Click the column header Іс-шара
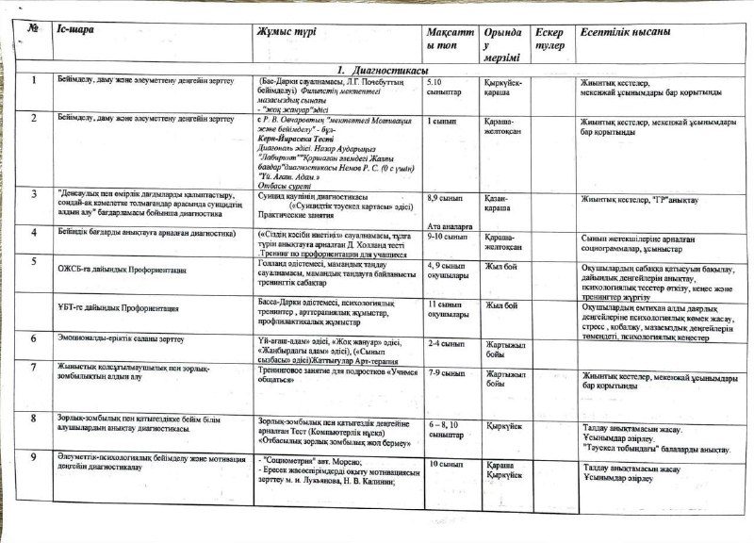pyautogui.click(x=75, y=32)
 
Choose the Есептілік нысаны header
pyautogui.click(x=625, y=32)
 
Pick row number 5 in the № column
pyautogui.click(x=33, y=260)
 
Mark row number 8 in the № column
pyautogui.click(x=33, y=417)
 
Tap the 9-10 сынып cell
pyautogui.click(x=447, y=237)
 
